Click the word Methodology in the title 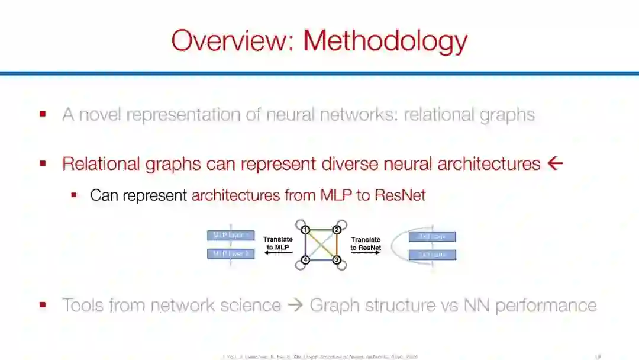(x=385, y=41)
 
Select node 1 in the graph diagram (x=305, y=230)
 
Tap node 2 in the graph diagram (x=336, y=230)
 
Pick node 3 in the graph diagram (x=336, y=260)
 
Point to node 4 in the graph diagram (x=305, y=260)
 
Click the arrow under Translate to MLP (x=277, y=253)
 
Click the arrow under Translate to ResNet (x=366, y=253)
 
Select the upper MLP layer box (x=231, y=236)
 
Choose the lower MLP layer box (x=231, y=254)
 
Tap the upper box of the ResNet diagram (x=433, y=237)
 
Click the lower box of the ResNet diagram (x=433, y=255)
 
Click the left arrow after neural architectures (x=555, y=163)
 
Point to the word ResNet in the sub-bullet (x=400, y=195)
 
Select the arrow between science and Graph (x=295, y=306)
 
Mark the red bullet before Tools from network (x=43, y=305)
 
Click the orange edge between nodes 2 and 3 (x=337, y=245)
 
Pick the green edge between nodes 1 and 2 (x=321, y=229)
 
